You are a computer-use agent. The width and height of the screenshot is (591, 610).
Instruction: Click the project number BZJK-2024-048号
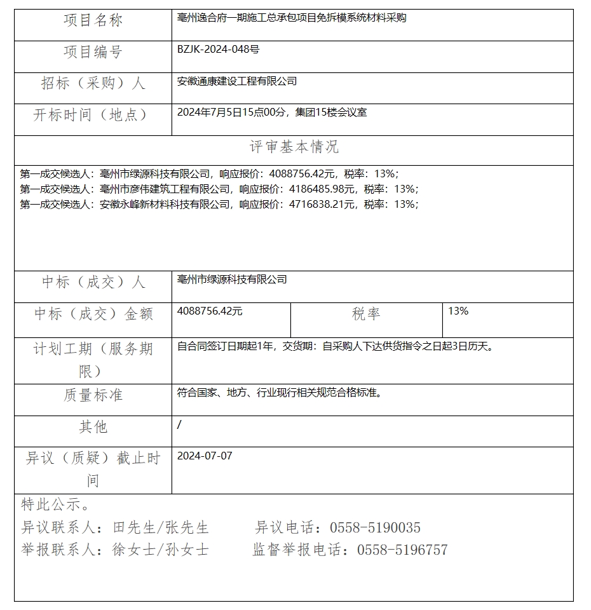218,49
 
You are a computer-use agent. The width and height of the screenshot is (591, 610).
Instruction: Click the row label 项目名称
93,21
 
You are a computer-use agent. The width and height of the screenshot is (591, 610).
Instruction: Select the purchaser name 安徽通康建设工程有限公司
237,81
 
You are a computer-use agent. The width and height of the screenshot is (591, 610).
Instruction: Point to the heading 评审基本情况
294,147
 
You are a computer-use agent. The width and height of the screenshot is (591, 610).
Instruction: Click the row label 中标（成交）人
93,282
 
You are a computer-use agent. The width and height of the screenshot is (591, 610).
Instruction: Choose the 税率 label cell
366,313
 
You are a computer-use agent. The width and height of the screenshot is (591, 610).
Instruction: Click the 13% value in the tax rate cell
458,311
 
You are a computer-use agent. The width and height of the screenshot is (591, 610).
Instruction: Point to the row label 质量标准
93,395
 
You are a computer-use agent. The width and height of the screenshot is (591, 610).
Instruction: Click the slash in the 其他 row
179,424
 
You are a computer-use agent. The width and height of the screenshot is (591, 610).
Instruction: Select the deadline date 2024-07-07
205,456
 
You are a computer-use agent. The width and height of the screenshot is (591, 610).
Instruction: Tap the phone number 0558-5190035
374,528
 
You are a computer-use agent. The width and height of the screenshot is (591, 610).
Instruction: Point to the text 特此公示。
55,505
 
